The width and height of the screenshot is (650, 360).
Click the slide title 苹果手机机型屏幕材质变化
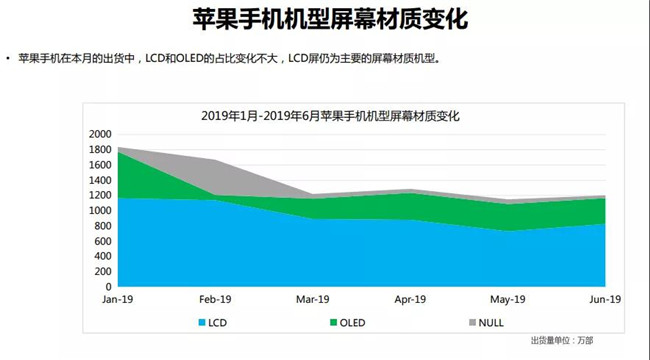coord(325,21)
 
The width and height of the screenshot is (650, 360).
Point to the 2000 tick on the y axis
coord(100,134)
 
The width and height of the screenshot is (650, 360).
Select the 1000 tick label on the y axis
coord(100,210)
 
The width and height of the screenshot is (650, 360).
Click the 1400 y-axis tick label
coord(100,180)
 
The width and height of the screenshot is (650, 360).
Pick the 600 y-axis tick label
coord(103,241)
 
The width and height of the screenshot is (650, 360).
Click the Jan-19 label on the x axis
coord(118,299)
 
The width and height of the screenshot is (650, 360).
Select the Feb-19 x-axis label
coord(216,299)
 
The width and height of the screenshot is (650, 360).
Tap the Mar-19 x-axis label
coord(313,299)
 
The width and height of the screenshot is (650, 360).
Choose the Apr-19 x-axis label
coord(411,299)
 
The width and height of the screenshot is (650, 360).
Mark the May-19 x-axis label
coord(508,299)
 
